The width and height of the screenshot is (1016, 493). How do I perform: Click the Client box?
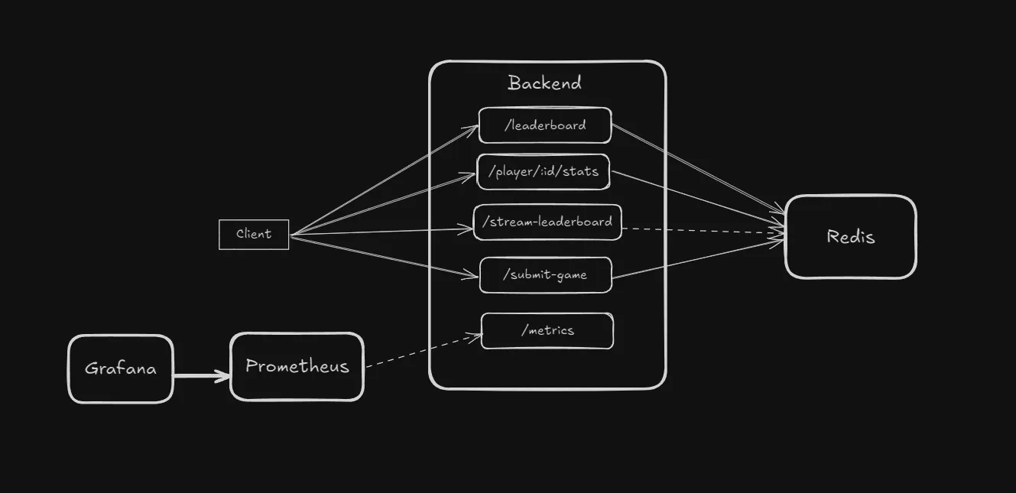coord(254,234)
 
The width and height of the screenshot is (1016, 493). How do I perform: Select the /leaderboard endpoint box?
coord(545,125)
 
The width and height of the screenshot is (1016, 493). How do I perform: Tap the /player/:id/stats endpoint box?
coord(543,172)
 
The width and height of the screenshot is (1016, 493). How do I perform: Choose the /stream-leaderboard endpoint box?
coord(547,222)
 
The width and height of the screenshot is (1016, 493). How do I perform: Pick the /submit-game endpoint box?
coord(546,275)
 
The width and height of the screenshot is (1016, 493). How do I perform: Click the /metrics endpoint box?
coord(547,331)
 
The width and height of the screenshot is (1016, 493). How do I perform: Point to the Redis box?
coord(850,237)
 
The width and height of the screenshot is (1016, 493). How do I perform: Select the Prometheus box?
coord(297,367)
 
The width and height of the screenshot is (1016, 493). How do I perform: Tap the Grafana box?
coord(121,368)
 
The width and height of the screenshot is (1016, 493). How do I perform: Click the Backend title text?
coord(544,83)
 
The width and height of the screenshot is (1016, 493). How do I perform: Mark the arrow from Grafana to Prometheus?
coord(201,375)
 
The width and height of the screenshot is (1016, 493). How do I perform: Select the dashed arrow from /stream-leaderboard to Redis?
coord(703,230)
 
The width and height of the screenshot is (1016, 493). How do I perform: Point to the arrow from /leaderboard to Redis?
coord(697,168)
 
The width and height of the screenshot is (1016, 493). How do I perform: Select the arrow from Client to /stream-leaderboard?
coord(382,231)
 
